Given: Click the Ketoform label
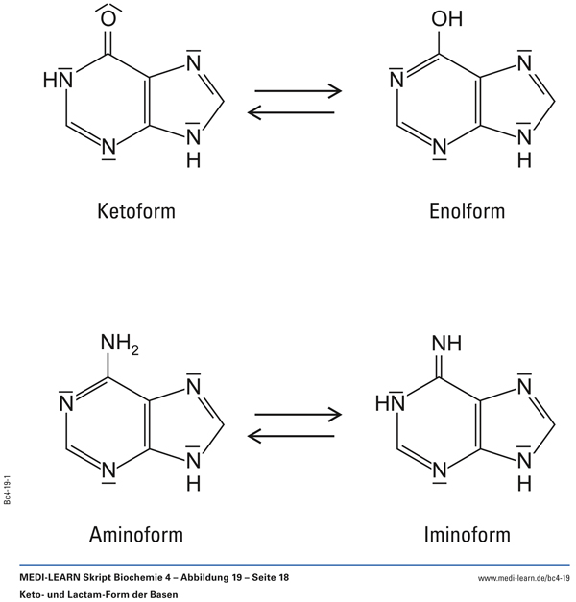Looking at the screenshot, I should click(136, 210).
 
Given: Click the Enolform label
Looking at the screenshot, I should click(467, 210).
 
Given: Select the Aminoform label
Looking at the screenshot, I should click(136, 533).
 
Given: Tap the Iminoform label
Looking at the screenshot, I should click(467, 533).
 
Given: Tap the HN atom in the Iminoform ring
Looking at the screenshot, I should click(388, 404).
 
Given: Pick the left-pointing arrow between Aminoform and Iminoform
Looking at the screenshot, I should click(295, 436).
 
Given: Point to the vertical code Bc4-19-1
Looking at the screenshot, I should click(8, 488).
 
